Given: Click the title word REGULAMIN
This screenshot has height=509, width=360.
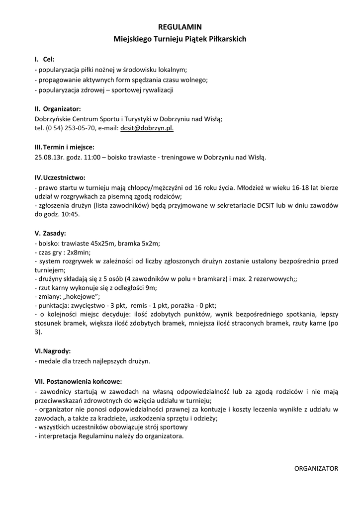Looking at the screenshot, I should pyautogui.click(x=180, y=26).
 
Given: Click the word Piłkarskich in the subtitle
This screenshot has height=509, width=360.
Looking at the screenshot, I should pyautogui.click(x=227, y=38).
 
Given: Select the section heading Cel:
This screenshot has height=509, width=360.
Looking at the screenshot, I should pyautogui.click(x=49, y=59).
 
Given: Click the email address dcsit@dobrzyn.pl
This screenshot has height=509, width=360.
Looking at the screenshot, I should pyautogui.click(x=147, y=128).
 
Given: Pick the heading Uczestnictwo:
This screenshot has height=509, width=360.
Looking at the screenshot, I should pyautogui.click(x=64, y=177).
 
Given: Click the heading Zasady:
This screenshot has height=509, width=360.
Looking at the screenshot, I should pyautogui.click(x=54, y=233).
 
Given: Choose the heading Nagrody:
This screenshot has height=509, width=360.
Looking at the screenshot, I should pyautogui.click(x=57, y=350).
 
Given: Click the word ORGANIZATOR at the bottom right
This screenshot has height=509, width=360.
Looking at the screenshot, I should pyautogui.click(x=316, y=468).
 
